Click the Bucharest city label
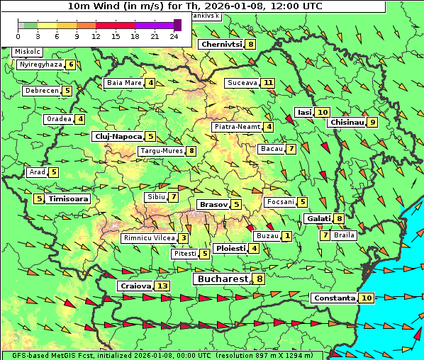[x=222, y=279]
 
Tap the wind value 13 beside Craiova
[x=162, y=286]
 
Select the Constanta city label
[x=334, y=298]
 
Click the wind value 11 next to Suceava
[x=268, y=83]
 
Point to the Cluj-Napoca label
[x=118, y=136]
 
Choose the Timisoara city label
[x=69, y=199]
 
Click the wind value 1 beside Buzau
[x=286, y=235]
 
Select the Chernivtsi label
[x=221, y=44]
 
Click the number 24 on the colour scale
[x=174, y=35]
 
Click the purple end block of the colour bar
[x=177, y=25]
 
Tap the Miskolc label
[x=28, y=52]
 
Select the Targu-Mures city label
[x=160, y=151]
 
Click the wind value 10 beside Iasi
[x=323, y=112]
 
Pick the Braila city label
[x=344, y=235]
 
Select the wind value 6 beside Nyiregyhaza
[x=71, y=64]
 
